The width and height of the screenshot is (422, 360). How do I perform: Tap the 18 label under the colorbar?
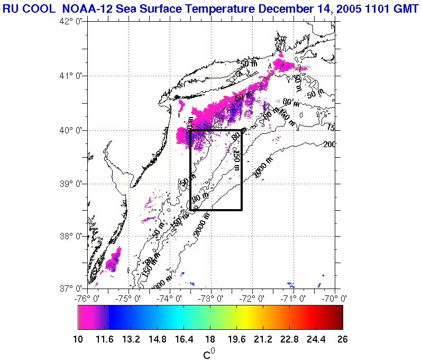[x=210, y=339]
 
